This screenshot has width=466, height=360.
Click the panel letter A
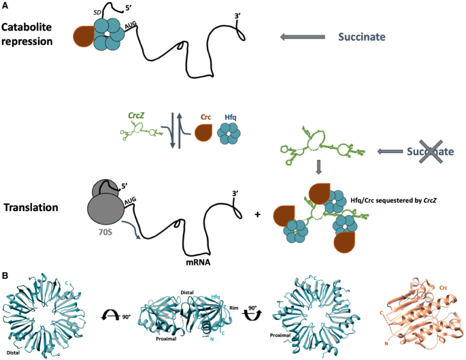[x=5, y=6]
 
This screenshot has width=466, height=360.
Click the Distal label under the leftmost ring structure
[x=12, y=352]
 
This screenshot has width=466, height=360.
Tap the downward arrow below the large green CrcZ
[x=318, y=167]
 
